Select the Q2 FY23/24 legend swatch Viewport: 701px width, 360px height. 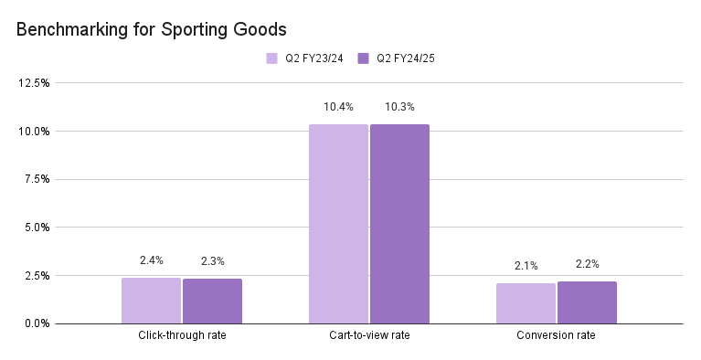coord(271,58)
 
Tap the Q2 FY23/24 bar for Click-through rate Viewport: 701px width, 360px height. coord(151,301)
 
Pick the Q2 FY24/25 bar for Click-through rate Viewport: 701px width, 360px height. coord(212,302)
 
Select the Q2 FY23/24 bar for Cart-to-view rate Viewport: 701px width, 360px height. coord(338,224)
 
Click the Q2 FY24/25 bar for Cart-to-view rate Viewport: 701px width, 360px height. coord(399,224)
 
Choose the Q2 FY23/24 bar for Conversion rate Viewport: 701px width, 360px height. coord(526,303)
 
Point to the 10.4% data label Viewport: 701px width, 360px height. coord(338,108)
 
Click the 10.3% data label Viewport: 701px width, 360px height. coord(399,108)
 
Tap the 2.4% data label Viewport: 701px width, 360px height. coord(151,261)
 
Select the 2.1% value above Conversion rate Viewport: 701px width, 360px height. coord(526,266)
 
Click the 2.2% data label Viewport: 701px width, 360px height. coord(587,264)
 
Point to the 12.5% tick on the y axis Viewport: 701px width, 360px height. coord(34,83)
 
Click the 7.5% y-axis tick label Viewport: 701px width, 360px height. coord(37,179)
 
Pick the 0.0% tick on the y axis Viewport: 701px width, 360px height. coord(37,323)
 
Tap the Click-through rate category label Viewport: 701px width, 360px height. coord(182,336)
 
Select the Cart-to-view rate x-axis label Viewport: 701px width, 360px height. coord(369,336)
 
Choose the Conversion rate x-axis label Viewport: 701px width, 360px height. coord(557,336)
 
